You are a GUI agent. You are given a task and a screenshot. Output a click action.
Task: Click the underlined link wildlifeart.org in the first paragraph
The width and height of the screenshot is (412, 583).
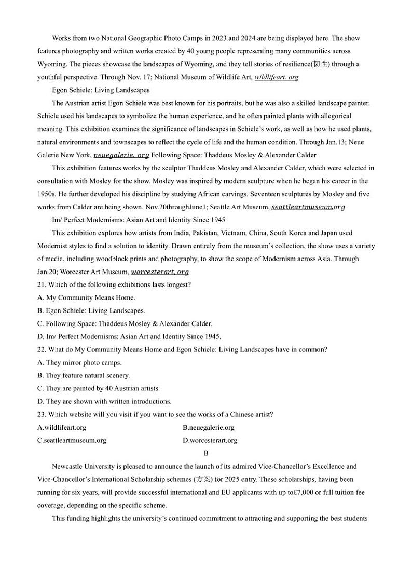click(x=276, y=77)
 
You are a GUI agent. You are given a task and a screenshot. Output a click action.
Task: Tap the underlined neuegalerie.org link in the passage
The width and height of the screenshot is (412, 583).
click(x=121, y=155)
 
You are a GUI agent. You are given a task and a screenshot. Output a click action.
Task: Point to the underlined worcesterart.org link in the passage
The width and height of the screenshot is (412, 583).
click(x=160, y=272)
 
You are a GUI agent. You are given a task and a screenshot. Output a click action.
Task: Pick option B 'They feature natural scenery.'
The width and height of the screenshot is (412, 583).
click(x=84, y=375)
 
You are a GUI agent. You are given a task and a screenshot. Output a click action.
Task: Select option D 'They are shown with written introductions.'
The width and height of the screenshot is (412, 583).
click(x=104, y=401)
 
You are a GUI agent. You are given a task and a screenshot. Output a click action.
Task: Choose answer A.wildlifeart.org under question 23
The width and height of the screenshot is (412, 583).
click(x=62, y=427)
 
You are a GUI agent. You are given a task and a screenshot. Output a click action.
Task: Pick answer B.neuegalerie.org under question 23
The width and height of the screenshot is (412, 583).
click(x=208, y=427)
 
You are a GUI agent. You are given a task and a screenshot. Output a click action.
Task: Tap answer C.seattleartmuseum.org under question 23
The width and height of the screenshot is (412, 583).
click(x=72, y=440)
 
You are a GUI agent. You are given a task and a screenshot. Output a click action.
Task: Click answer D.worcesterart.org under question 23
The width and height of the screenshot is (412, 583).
click(x=210, y=440)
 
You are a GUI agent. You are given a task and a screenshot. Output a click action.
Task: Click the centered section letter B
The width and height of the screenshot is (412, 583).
click(x=206, y=453)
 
